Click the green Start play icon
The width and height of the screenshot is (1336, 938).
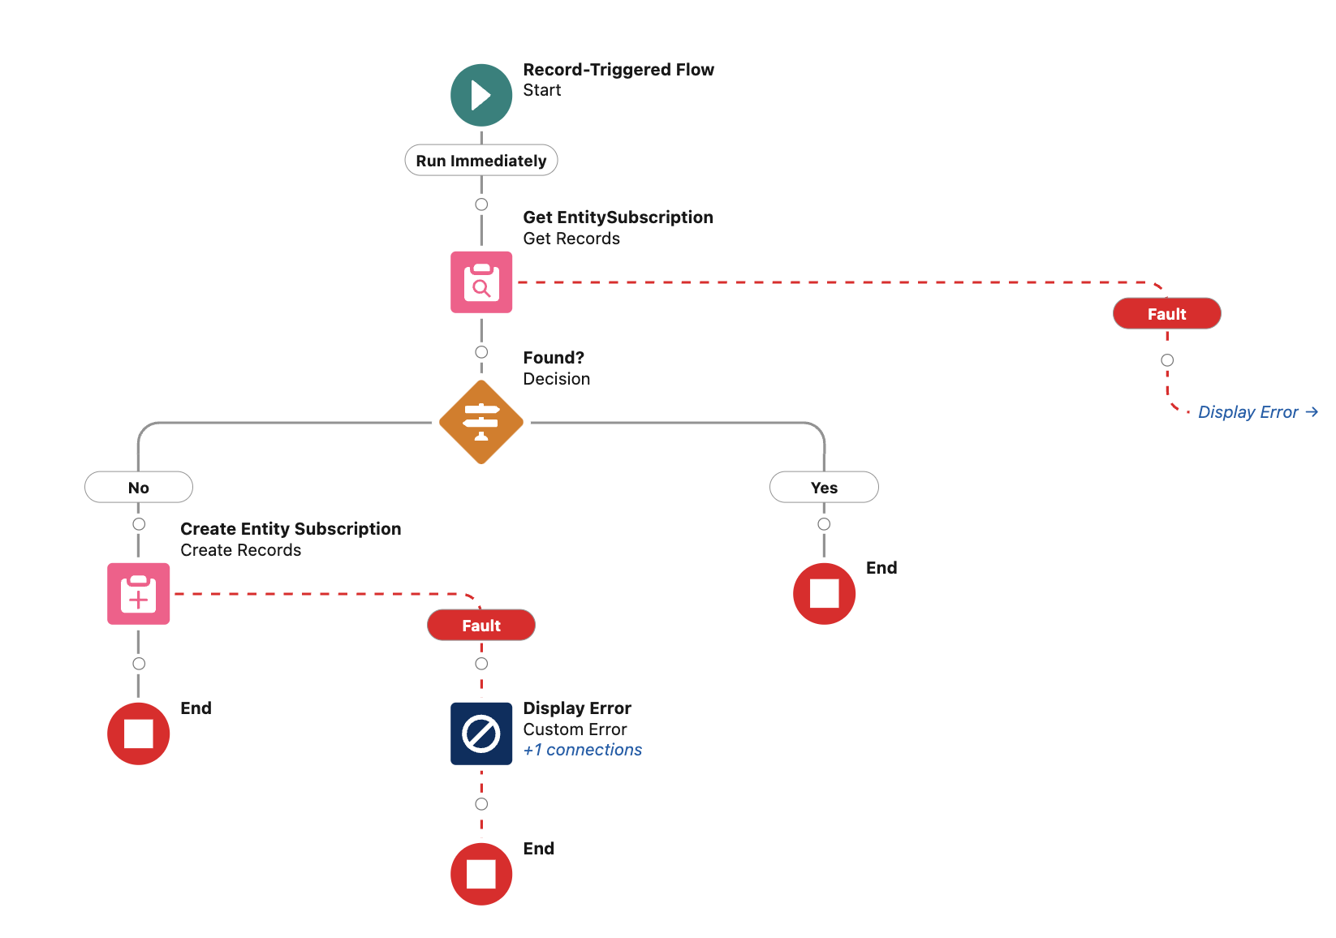point(481,95)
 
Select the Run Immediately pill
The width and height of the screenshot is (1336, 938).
point(481,161)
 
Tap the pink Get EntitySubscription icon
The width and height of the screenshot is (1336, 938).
point(481,282)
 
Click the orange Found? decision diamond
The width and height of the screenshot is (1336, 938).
point(481,422)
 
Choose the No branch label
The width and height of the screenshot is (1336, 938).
point(139,488)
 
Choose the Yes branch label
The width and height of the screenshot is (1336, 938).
point(824,488)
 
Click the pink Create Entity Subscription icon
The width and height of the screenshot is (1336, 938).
point(139,594)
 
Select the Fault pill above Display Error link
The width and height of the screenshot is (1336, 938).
point(1166,314)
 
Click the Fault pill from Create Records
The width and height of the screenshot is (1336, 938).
point(481,626)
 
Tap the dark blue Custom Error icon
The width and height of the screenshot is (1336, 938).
point(481,734)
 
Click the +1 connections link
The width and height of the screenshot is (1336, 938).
point(583,751)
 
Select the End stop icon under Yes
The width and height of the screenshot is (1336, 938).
point(824,594)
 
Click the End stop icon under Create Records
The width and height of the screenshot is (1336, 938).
point(139,734)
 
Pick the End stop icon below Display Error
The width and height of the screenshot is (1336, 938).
point(481,874)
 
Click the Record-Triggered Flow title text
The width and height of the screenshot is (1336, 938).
point(618,70)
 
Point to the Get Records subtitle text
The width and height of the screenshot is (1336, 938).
point(571,239)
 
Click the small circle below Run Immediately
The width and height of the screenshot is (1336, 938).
point(481,204)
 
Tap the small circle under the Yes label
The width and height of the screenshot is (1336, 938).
point(824,524)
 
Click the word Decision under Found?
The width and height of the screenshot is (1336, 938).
point(557,379)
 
